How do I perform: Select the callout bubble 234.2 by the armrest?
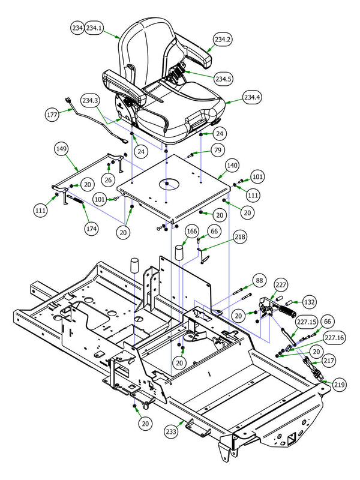click(x=222, y=39)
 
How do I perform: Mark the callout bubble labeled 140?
click(x=232, y=164)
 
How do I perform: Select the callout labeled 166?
click(x=191, y=230)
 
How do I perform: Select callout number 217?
click(x=328, y=361)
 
